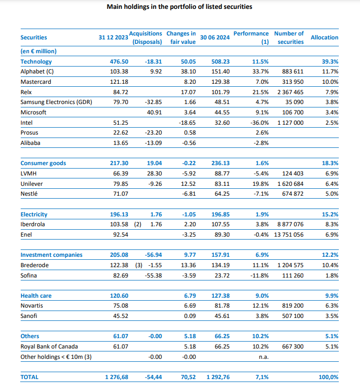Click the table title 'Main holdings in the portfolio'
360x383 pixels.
[180, 7]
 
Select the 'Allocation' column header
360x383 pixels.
[325, 37]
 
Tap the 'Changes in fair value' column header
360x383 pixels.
[181, 37]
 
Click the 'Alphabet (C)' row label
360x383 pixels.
[37, 71]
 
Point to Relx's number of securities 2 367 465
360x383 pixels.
[291, 92]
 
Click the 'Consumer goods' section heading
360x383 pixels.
[43, 163]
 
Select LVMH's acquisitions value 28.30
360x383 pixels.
[155, 174]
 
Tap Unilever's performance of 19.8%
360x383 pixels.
[261, 184]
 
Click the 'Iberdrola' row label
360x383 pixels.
[33, 224]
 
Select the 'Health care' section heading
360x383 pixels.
[36, 296]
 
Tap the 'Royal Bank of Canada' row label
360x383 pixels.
[49, 347]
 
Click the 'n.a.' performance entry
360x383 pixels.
[263, 357]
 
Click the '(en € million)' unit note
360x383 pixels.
[38, 51]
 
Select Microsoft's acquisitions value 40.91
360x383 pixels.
[155, 112]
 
